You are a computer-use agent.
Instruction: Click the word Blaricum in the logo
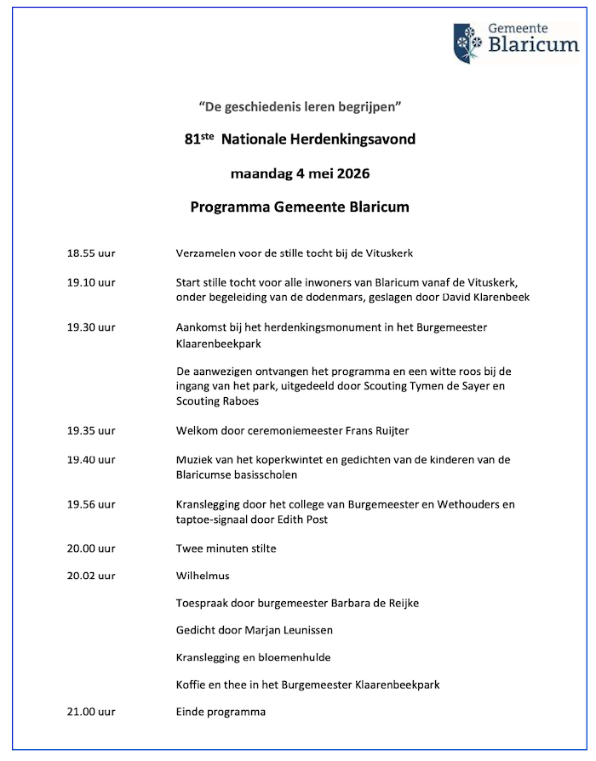coord(534,46)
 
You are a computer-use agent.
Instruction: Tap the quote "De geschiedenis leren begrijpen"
coord(299,108)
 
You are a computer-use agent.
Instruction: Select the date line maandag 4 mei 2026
coord(300,175)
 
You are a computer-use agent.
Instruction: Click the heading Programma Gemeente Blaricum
coord(300,207)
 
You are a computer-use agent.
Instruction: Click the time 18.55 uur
coord(91,253)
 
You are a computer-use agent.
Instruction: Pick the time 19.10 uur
coord(91,281)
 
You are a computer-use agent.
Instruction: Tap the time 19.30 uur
coord(91,327)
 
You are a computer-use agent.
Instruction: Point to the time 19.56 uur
coord(91,504)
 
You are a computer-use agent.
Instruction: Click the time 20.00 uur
coord(91,548)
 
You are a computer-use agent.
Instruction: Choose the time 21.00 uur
coord(91,712)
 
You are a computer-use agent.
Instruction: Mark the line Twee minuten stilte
coord(226,548)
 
